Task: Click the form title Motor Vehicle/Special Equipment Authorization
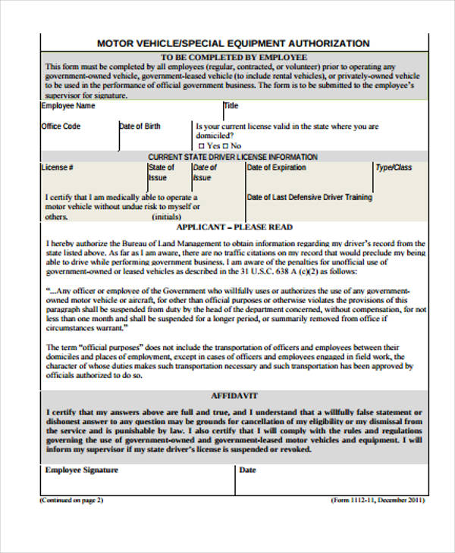(234, 43)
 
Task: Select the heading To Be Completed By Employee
(234, 57)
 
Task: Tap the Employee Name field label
(68, 106)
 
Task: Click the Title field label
(231, 106)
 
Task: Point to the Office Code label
(61, 126)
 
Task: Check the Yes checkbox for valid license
(202, 145)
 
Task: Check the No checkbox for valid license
(226, 145)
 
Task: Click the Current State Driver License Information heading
(234, 157)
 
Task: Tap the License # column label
(58, 167)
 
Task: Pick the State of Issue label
(161, 172)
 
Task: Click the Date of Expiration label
(277, 167)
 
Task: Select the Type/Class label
(394, 167)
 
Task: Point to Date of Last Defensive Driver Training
(309, 197)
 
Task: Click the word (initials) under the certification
(167, 217)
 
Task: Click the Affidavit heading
(234, 395)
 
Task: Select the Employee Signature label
(82, 470)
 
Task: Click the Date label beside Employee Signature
(248, 470)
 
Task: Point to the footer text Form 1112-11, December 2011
(378, 501)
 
